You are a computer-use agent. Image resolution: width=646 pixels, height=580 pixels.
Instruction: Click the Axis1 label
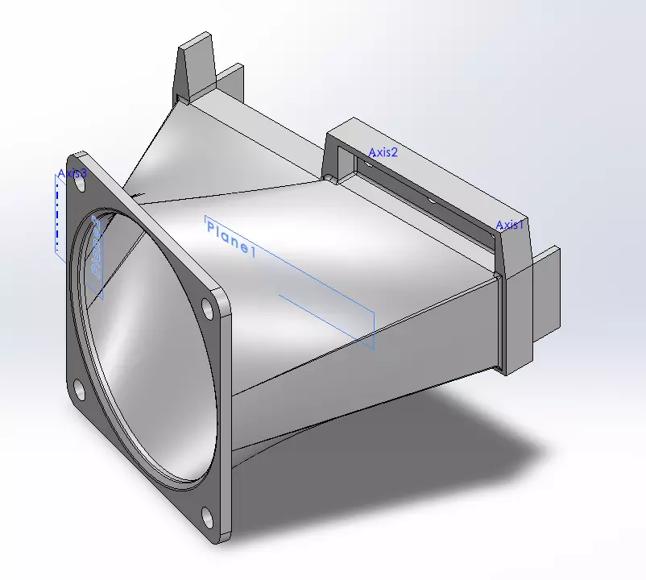pyautogui.click(x=509, y=226)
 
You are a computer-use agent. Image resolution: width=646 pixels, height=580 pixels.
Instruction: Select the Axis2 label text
pyautogui.click(x=383, y=152)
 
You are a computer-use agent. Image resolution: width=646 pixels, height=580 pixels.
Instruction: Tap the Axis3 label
pyautogui.click(x=72, y=174)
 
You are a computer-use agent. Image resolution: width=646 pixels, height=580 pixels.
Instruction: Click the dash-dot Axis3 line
pyautogui.click(x=57, y=213)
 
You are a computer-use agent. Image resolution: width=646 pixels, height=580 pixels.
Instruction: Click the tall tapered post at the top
pyautogui.click(x=196, y=68)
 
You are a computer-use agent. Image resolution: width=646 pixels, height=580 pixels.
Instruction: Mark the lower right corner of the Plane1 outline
pyautogui.click(x=375, y=350)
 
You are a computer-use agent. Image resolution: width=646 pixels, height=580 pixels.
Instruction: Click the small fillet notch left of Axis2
pyautogui.click(x=328, y=175)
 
